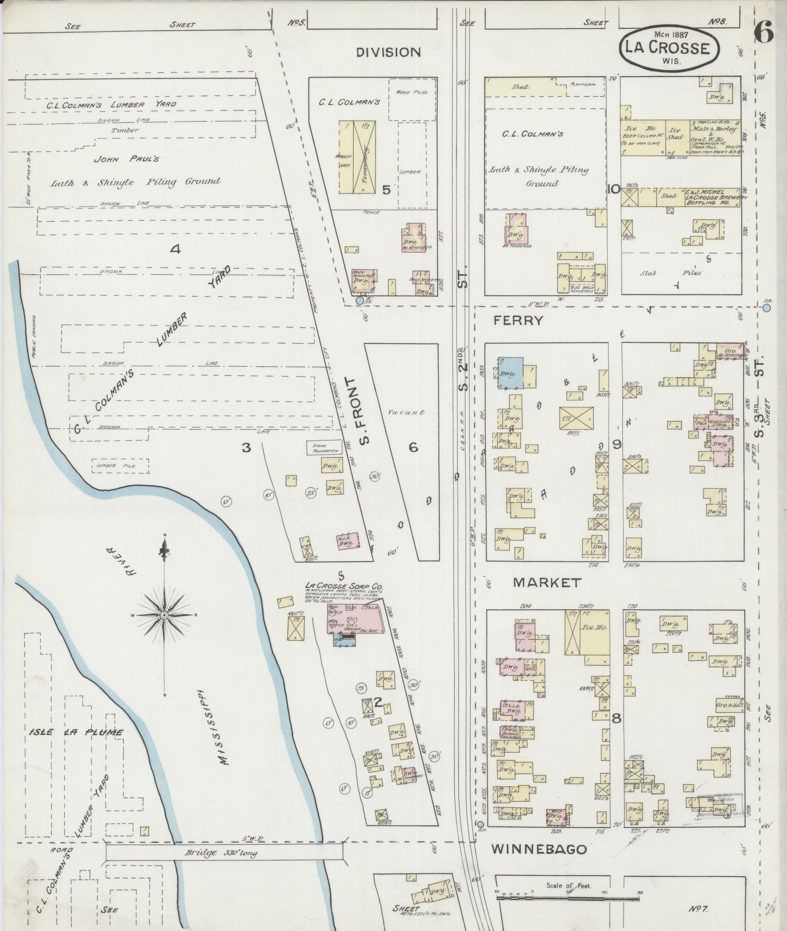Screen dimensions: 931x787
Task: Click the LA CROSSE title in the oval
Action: [x=668, y=48]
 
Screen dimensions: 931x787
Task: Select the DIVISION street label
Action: [x=388, y=52]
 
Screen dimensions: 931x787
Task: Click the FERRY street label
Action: [x=518, y=320]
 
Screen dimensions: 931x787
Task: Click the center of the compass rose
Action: [x=164, y=615]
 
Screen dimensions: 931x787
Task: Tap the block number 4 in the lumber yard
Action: [x=175, y=249]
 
